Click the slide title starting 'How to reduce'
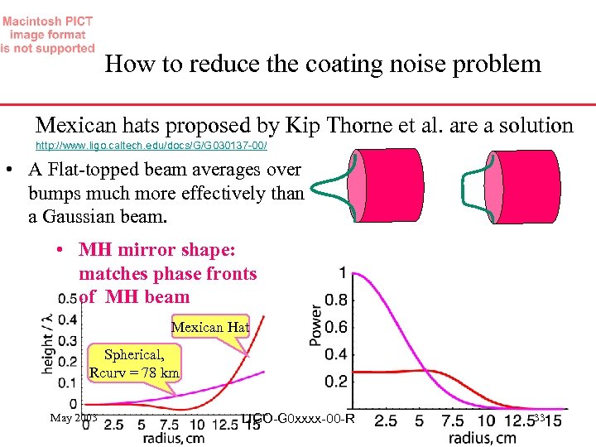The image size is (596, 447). click(323, 64)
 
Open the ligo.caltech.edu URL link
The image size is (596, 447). click(151, 144)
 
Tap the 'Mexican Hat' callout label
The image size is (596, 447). click(209, 327)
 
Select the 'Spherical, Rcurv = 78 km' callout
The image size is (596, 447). click(134, 363)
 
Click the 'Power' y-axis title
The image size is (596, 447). click(315, 320)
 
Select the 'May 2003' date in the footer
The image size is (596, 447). click(74, 418)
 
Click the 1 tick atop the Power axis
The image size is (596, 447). click(343, 272)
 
